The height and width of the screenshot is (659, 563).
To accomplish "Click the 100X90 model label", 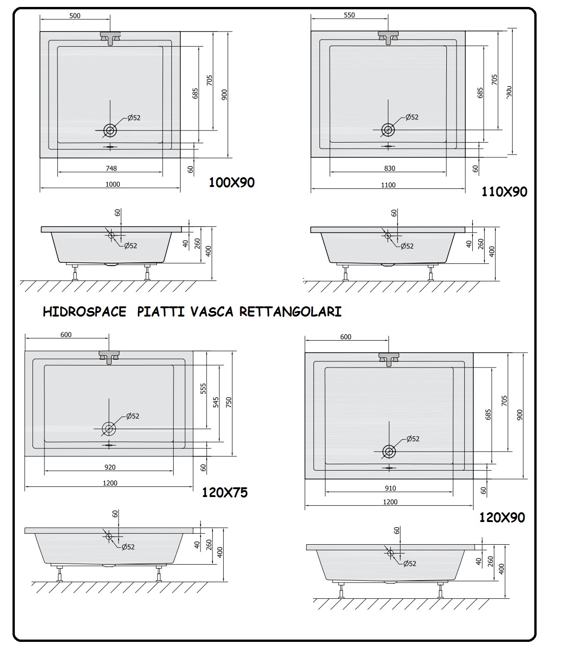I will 231,182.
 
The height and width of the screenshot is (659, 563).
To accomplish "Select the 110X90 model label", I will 504,192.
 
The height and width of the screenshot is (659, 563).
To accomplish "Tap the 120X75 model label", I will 225,492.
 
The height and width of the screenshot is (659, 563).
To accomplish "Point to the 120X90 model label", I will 502,517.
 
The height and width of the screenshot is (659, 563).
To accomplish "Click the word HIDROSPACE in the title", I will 84,312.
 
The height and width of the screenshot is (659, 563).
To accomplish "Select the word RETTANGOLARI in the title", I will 290,312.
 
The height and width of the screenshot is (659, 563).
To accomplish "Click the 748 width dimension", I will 111,168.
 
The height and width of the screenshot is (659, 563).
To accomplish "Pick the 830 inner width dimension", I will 389,169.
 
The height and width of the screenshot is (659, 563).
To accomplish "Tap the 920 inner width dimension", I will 110,467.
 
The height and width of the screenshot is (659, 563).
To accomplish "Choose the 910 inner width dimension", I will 390,488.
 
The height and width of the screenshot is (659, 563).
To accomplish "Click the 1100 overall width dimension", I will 388,185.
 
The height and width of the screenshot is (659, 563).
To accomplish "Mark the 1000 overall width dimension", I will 113,184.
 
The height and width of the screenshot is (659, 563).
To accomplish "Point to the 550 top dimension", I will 350,15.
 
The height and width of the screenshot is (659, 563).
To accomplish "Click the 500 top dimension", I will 75,16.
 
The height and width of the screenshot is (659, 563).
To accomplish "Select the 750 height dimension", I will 229,403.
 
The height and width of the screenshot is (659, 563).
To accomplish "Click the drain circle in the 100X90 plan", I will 110,131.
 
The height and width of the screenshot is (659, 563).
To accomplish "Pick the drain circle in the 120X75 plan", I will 109,429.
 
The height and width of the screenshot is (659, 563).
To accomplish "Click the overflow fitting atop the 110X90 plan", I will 388,37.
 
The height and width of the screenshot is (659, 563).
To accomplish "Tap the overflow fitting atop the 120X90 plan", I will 389,359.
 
